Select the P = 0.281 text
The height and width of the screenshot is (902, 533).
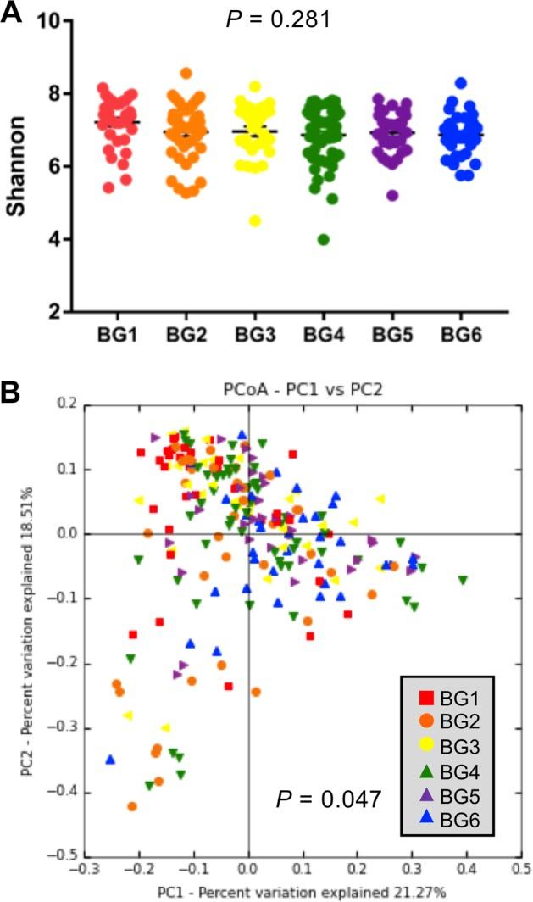278,19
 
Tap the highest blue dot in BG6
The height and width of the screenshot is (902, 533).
460,83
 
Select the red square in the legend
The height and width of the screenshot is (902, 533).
427,699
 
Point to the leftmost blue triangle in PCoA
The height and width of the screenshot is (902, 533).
110,760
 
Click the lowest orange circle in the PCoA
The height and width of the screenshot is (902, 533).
132,806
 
